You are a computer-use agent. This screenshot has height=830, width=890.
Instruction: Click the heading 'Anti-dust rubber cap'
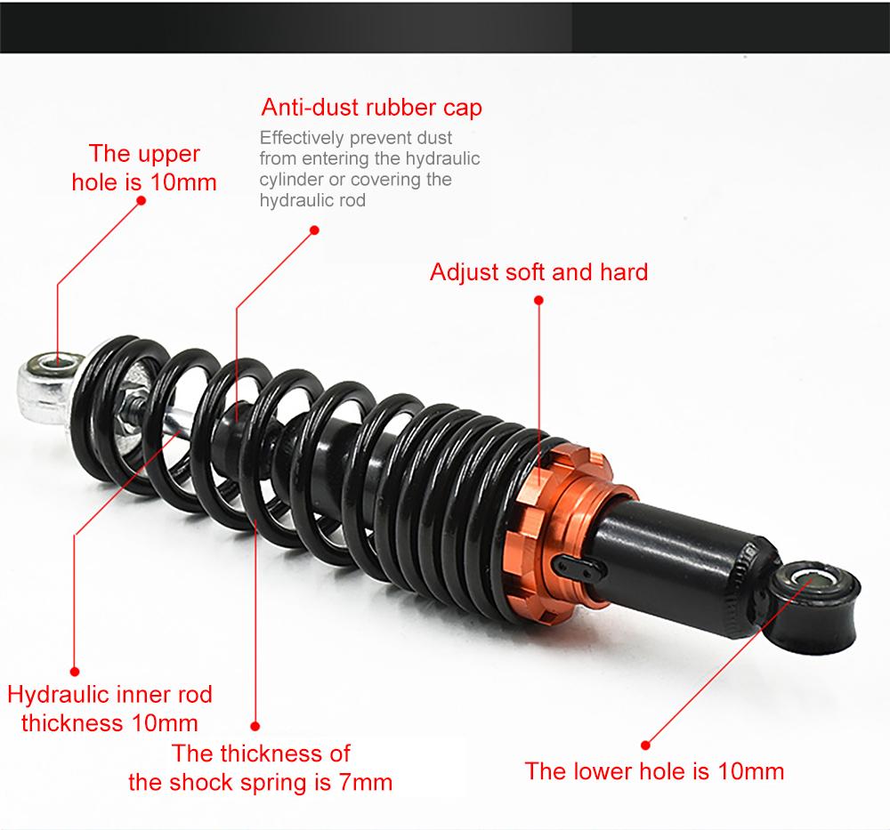pyautogui.click(x=371, y=108)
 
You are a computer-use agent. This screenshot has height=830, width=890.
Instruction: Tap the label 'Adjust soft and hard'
pyautogui.click(x=538, y=271)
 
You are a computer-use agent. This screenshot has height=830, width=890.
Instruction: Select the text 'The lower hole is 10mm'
pyautogui.click(x=654, y=770)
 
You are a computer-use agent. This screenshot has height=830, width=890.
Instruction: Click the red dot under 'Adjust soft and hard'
pyautogui.click(x=538, y=301)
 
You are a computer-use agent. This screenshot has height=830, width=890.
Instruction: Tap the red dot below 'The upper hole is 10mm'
pyautogui.click(x=140, y=200)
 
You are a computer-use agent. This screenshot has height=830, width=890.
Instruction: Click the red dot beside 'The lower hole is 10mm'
pyautogui.click(x=645, y=744)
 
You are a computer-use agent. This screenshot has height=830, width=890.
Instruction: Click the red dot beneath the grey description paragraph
pyautogui.click(x=313, y=229)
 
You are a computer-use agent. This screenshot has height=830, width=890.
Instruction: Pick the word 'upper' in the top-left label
pyautogui.click(x=170, y=154)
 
